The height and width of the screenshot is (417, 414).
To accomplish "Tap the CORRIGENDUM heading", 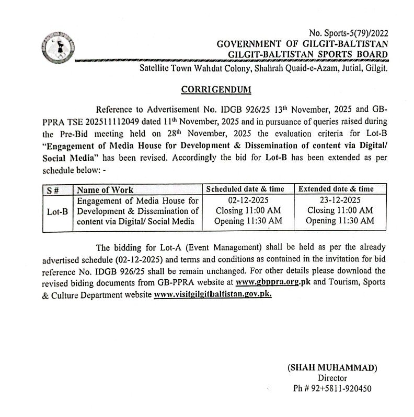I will coord(216,90).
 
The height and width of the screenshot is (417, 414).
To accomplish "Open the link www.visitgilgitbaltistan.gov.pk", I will coord(213,294).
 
